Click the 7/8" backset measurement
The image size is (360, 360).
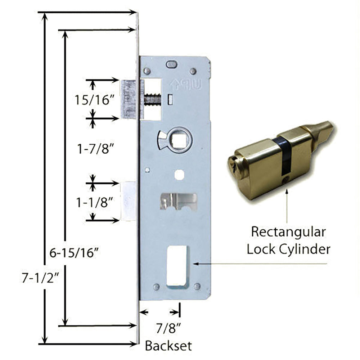[167, 328]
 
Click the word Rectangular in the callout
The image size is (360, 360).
[288, 232]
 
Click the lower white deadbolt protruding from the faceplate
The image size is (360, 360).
[128, 201]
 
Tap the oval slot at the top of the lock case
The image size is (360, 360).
[171, 65]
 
